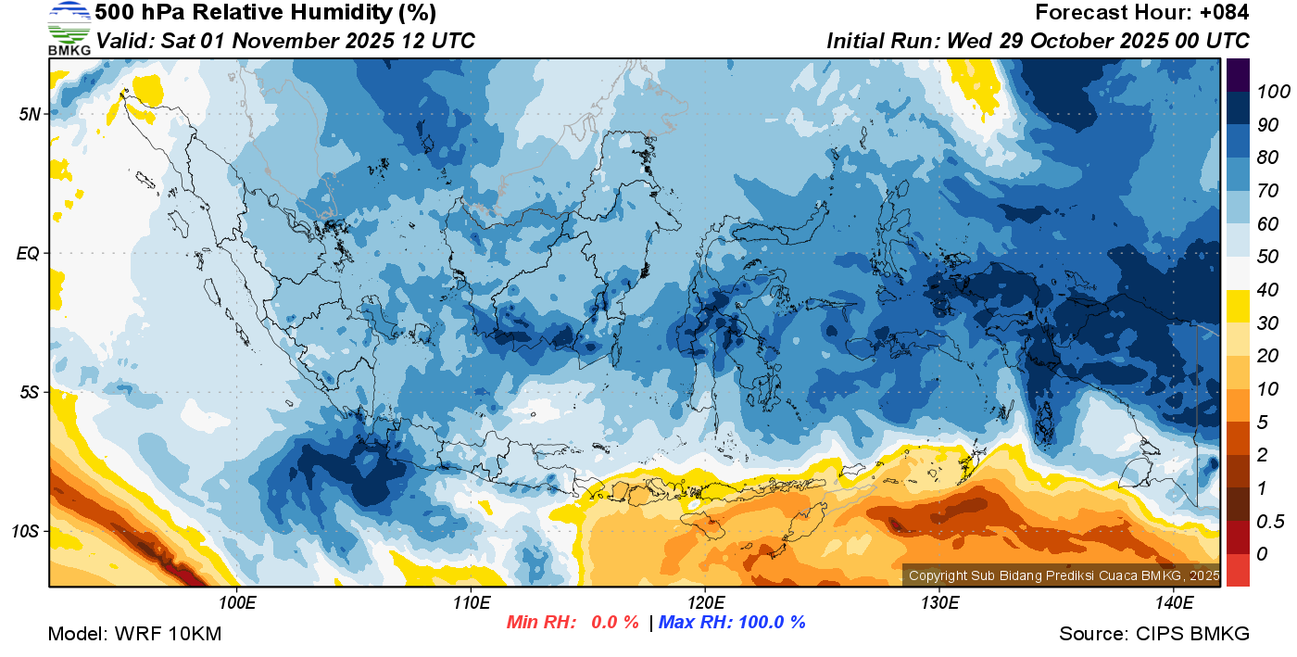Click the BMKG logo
(69, 28)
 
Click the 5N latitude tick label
(30, 115)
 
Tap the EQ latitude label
(29, 253)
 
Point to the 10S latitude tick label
(25, 532)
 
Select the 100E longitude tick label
(237, 603)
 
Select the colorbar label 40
(1261, 290)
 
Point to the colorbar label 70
(1261, 191)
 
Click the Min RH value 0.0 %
(615, 623)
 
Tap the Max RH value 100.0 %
(769, 623)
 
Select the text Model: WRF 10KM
(134, 634)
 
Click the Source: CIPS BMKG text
(1154, 634)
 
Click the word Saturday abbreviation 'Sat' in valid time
(176, 41)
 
